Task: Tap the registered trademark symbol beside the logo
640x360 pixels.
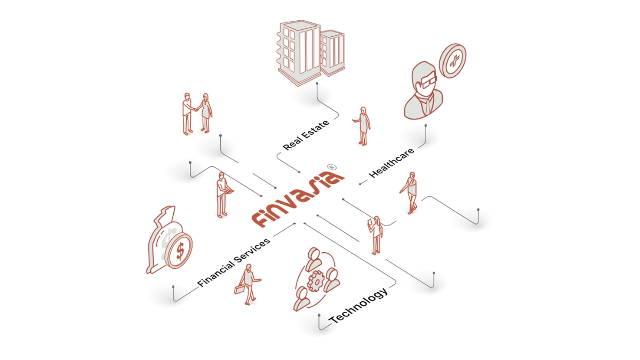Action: point(332,167)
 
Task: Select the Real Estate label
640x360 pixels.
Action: point(306,135)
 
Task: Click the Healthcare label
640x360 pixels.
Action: point(391,163)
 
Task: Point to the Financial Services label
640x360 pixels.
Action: point(234,262)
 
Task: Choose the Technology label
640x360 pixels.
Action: point(358,306)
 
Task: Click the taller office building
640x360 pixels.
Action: point(299,53)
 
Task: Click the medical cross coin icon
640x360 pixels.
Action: point(452,61)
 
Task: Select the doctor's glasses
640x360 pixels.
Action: point(427,82)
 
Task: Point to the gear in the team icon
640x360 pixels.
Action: point(316,282)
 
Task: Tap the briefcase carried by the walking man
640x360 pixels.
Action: point(239,289)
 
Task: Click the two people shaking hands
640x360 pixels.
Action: point(197,114)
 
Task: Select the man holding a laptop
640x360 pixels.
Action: point(223,195)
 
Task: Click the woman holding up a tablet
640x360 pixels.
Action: point(375,235)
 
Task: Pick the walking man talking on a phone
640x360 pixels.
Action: point(410,193)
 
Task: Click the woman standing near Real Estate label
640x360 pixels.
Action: point(362,126)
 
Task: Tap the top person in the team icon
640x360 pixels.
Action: point(314,259)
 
